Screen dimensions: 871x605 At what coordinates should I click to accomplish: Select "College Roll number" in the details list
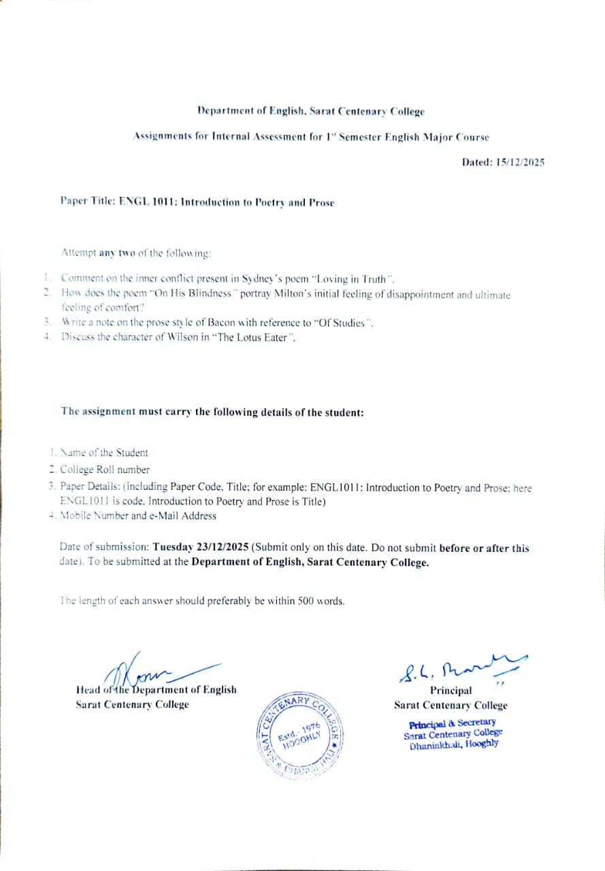click(x=105, y=470)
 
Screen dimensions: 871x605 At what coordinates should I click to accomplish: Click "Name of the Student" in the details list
click(x=104, y=453)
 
